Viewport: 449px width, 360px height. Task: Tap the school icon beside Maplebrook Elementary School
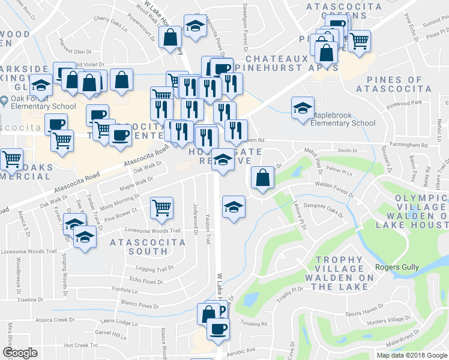[302, 108]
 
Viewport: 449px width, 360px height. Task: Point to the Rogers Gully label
[396, 268]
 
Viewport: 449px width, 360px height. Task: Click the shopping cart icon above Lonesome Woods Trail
[161, 208]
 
